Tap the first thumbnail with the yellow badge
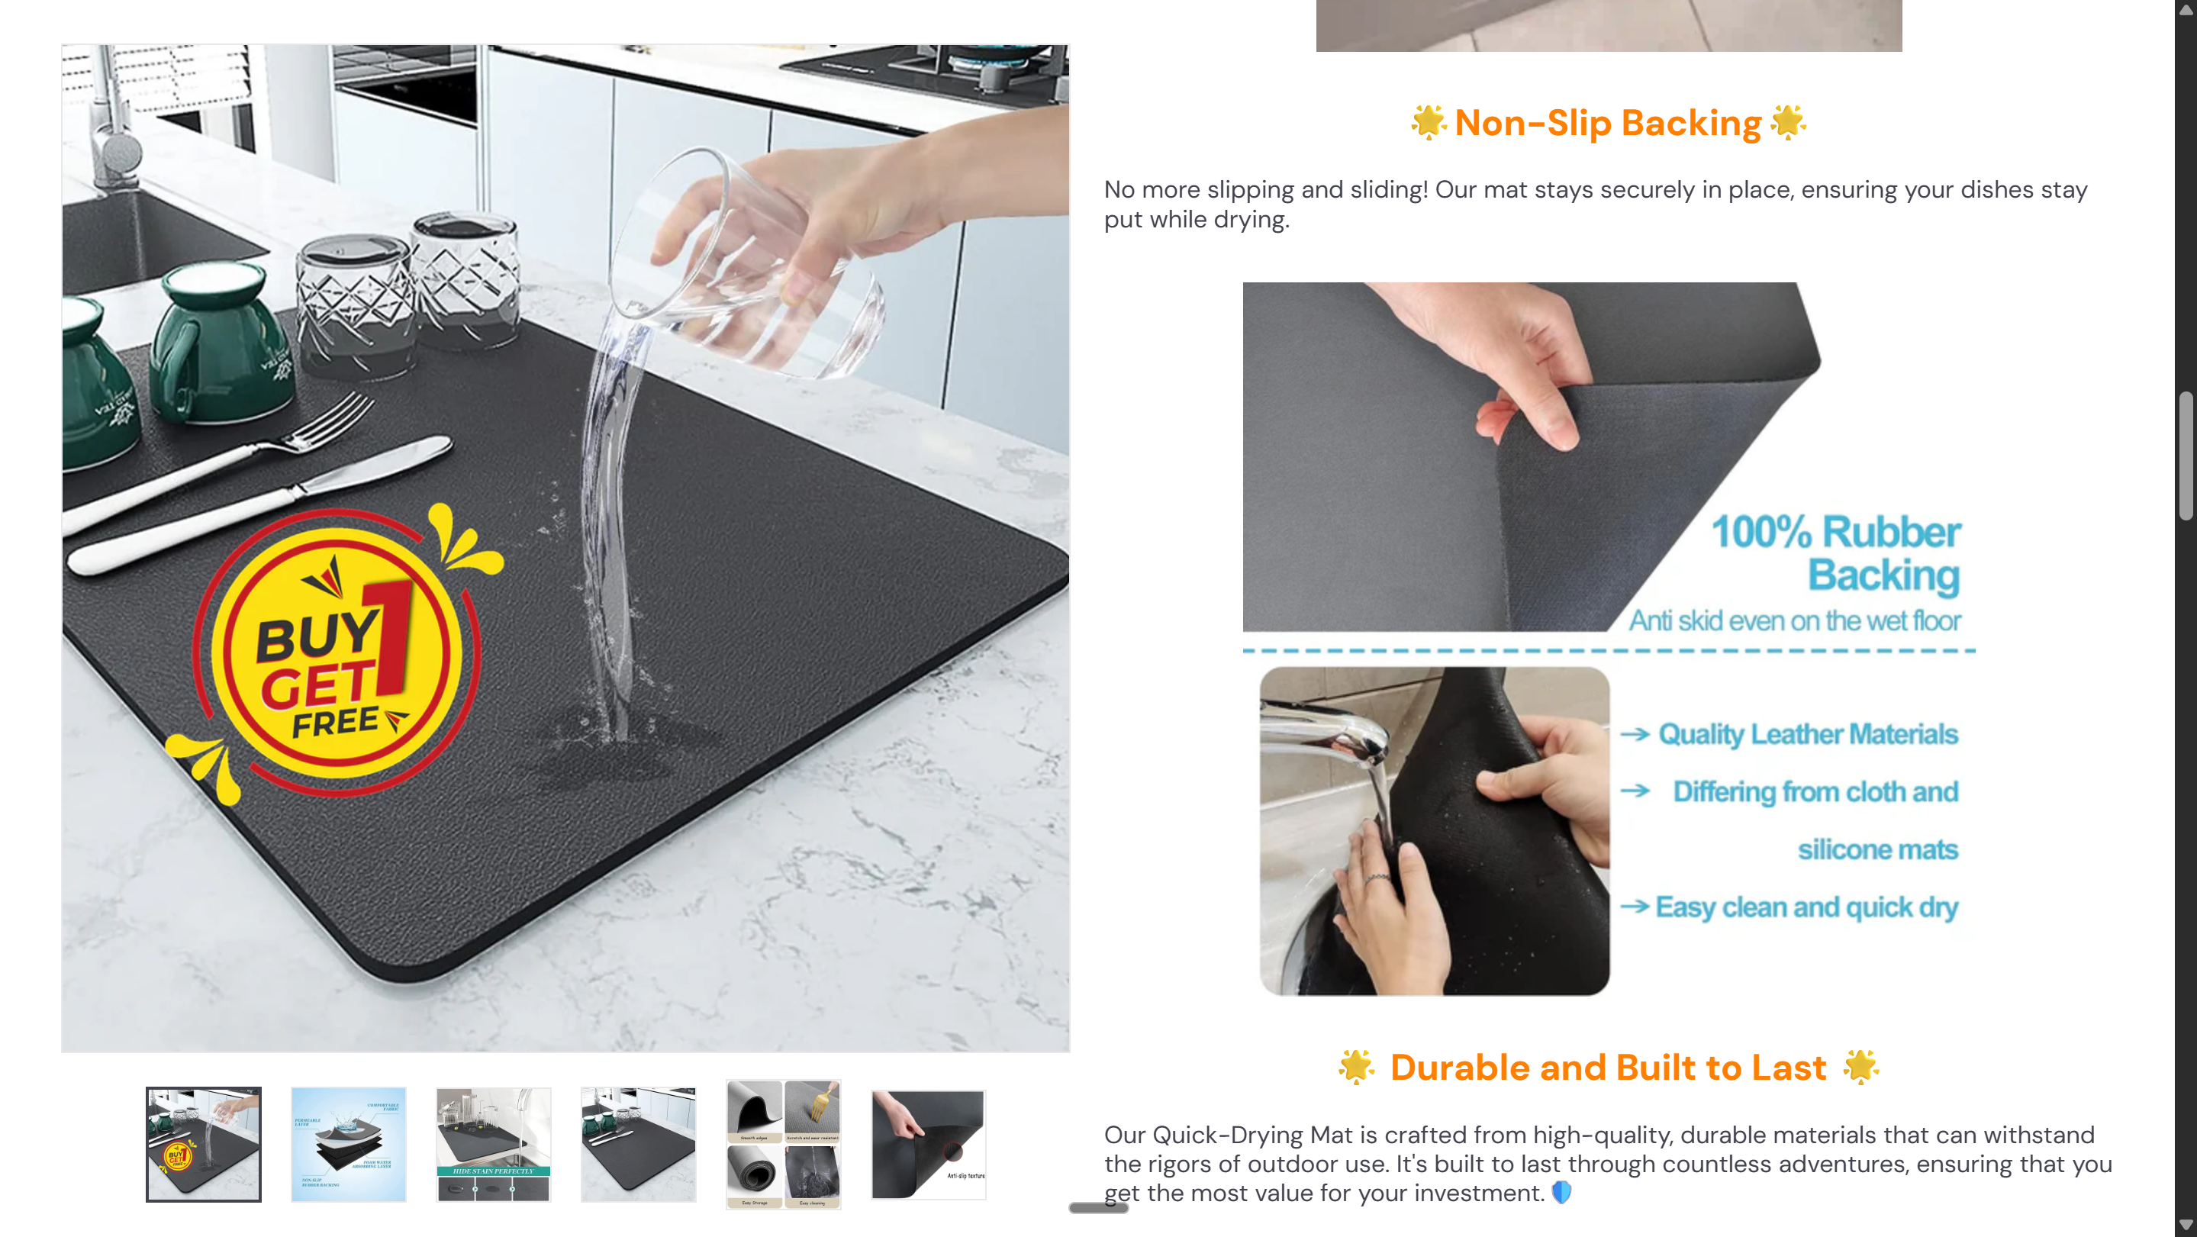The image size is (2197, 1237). pyautogui.click(x=203, y=1144)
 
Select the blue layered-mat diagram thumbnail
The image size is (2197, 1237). pyautogui.click(x=348, y=1144)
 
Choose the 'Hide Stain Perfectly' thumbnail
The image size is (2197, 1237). pyautogui.click(x=493, y=1144)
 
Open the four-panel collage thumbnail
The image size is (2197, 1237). pyautogui.click(x=783, y=1144)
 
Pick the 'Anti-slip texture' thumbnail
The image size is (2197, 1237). pyautogui.click(x=928, y=1144)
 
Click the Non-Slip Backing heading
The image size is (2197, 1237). pyautogui.click(x=1607, y=123)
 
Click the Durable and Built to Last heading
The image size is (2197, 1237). pyautogui.click(x=1607, y=1068)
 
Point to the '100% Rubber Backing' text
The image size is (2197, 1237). pyautogui.click(x=1838, y=552)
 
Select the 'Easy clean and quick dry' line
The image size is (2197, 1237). pyautogui.click(x=1806, y=907)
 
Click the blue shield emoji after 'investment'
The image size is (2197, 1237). pyautogui.click(x=1561, y=1192)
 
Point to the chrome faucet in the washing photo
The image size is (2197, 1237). pyautogui.click(x=1339, y=733)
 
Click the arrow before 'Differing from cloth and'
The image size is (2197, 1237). pyautogui.click(x=1635, y=791)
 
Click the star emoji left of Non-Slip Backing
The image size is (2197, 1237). pyautogui.click(x=1428, y=122)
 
